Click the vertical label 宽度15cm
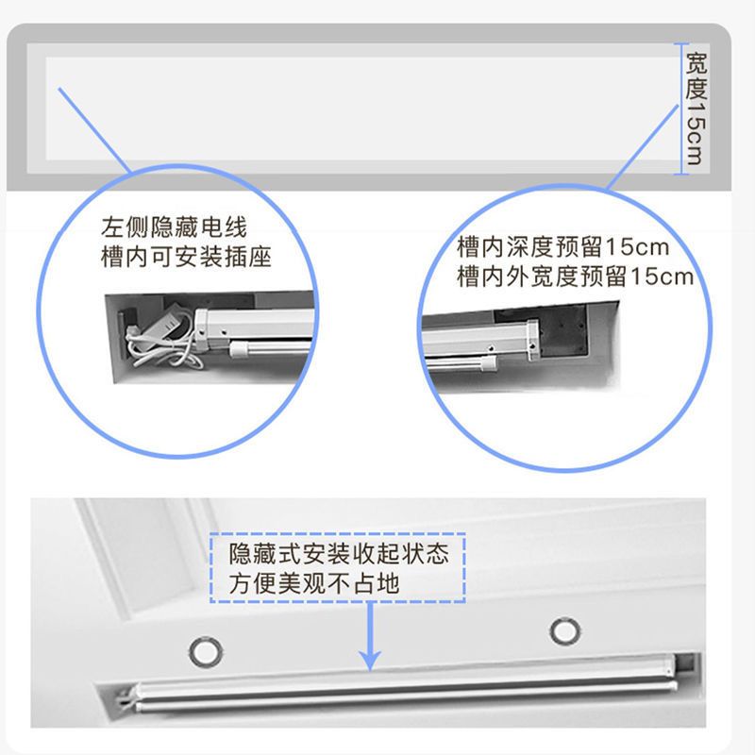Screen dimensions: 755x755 pos(696,109)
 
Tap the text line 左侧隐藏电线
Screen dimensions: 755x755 pos(174,227)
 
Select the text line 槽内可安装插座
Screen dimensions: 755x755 pos(186,257)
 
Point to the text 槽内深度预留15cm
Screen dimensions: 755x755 pos(562,247)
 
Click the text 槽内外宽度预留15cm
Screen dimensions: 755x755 pos(575,277)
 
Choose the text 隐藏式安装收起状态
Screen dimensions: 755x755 pos(339,554)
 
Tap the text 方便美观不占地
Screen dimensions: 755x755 pos(314,583)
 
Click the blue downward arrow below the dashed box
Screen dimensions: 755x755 pos(370,636)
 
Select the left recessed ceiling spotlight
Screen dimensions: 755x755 pos(206,651)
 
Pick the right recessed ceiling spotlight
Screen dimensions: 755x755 pos(565,630)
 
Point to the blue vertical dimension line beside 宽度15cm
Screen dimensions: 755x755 pos(680,109)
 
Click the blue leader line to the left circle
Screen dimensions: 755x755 pos(94,130)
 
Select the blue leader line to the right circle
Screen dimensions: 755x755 pos(643,147)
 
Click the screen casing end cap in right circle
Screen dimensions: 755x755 pos(533,340)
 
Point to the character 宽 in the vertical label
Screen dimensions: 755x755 pos(696,62)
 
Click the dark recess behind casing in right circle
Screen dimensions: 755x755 pos(563,331)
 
